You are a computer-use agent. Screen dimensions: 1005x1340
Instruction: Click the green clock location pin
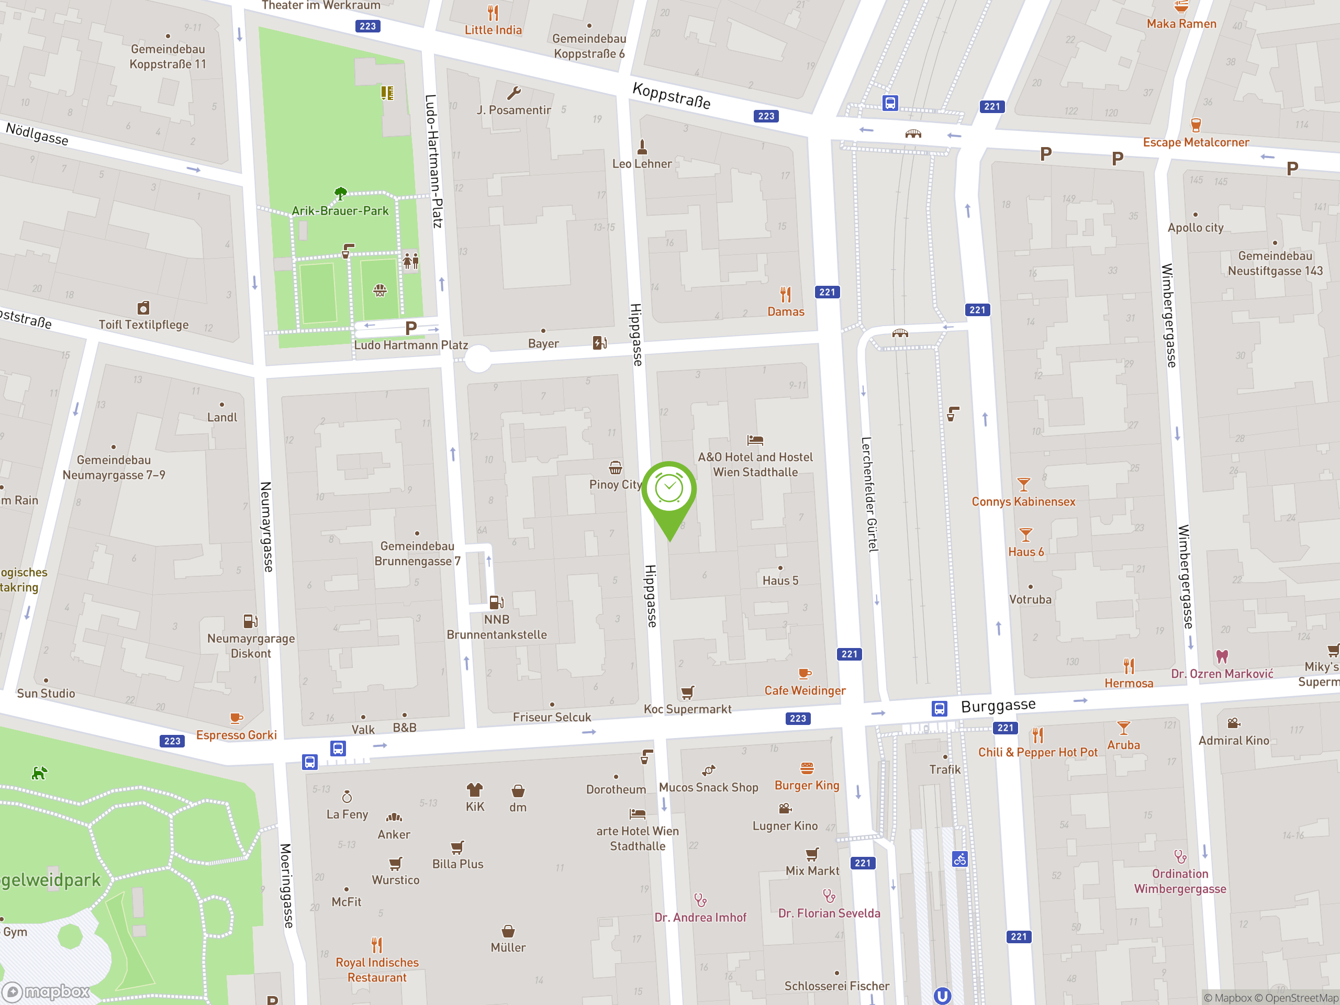[669, 490]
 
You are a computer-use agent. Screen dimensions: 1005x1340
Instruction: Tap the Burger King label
[807, 786]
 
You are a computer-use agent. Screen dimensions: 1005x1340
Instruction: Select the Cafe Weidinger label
[805, 690]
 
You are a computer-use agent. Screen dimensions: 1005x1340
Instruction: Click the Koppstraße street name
[671, 96]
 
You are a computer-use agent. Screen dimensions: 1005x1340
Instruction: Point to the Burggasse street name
[998, 706]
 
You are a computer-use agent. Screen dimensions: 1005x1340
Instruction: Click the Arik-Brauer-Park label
[340, 211]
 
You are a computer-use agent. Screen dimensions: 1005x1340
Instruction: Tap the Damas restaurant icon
[786, 294]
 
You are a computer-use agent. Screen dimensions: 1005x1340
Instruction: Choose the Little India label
[493, 30]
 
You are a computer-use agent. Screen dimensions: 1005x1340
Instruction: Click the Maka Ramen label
[1181, 24]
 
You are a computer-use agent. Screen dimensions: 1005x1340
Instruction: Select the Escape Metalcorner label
[1196, 142]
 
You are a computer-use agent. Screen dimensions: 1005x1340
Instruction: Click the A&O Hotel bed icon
[755, 440]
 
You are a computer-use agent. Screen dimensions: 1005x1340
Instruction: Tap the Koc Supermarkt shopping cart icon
[687, 693]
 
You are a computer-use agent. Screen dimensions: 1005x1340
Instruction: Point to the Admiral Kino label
[1233, 740]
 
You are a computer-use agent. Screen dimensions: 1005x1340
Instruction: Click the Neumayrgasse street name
[266, 527]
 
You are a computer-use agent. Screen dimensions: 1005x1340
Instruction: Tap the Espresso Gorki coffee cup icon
[236, 719]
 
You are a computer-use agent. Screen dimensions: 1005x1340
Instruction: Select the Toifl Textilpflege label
[143, 325]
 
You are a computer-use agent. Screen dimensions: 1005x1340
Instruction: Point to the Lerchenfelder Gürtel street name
[869, 494]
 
